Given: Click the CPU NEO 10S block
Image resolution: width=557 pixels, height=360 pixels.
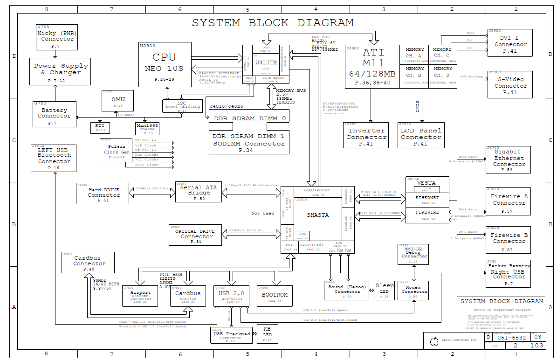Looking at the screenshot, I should pos(165,64).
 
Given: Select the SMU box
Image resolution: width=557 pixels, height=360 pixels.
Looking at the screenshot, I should pos(118,100).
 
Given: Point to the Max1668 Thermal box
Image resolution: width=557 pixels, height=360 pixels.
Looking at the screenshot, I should pos(148,129).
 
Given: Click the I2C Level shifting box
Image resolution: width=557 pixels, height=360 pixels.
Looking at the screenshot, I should pos(182,106).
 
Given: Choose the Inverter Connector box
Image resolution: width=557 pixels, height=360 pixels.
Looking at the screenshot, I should pos(366,135).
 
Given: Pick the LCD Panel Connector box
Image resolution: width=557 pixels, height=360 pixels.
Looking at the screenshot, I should pos(420,135).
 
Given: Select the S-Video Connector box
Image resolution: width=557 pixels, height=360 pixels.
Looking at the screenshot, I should pos(510,84).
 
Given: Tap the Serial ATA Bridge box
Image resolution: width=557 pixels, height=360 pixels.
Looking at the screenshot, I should pos(199,191).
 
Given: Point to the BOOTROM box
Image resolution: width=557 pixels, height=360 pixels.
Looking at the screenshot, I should pos(275,296).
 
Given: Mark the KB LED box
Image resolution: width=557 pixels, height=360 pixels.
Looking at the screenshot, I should pos(267,333).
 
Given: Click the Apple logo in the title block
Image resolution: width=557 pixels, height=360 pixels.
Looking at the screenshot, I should pos(433,341).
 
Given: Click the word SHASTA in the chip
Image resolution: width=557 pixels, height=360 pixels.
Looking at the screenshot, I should pos(317,215).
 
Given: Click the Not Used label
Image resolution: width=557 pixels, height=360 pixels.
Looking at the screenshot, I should pos(262,213).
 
